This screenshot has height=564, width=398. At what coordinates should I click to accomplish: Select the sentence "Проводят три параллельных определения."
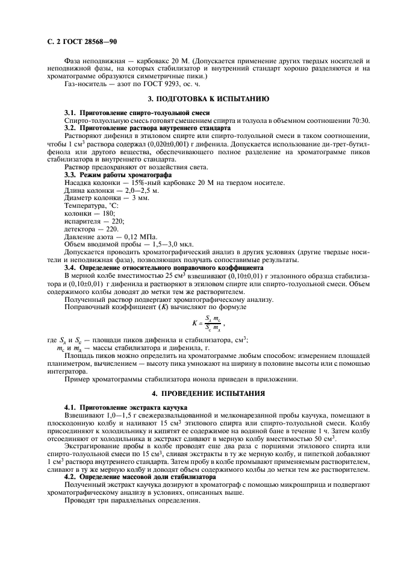click(132, 500)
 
